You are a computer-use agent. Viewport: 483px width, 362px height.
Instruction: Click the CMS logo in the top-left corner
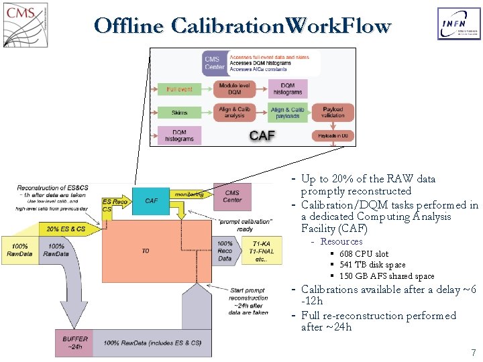tap(25, 24)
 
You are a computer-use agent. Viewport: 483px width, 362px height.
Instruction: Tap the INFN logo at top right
tap(459, 24)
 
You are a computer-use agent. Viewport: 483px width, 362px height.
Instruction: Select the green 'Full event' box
tap(179, 89)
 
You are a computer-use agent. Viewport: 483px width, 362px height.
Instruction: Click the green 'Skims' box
tap(179, 113)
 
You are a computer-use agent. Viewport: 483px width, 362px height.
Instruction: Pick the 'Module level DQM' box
tap(235, 89)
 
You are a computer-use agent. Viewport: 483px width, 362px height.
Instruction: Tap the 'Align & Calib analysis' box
tap(235, 113)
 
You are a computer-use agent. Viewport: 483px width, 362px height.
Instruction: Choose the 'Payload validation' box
tap(332, 113)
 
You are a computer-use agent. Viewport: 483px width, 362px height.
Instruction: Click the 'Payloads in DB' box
tap(332, 135)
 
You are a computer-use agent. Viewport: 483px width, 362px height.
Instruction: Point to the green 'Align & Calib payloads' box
tap(287, 113)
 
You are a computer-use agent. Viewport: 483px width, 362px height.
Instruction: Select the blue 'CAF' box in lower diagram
tap(152, 200)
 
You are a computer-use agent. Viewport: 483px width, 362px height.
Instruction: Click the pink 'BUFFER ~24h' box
tap(75, 343)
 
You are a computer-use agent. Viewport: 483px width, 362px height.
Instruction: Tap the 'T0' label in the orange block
tap(146, 251)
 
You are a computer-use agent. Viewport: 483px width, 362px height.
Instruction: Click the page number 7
tap(473, 352)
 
